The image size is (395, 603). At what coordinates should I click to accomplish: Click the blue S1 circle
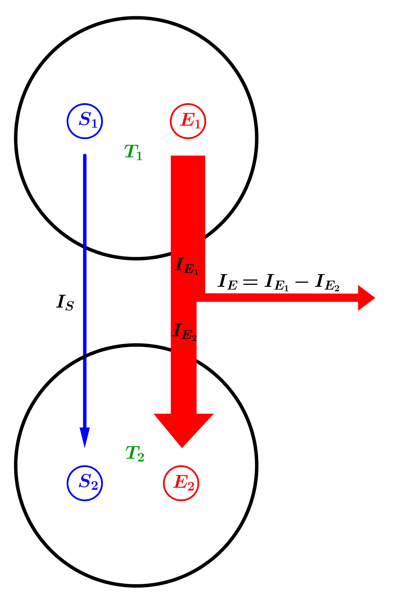click(85, 121)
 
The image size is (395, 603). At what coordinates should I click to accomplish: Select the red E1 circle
click(188, 121)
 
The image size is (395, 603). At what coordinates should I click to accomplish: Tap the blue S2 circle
click(85, 483)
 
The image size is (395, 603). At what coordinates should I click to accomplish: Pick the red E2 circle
click(181, 483)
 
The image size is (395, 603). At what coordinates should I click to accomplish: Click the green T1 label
click(133, 152)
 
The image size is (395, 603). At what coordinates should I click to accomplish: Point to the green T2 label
click(135, 454)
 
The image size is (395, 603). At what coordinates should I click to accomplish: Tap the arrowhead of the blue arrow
click(85, 437)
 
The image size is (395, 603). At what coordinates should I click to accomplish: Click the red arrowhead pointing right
click(366, 298)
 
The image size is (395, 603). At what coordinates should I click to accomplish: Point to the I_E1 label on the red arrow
click(187, 266)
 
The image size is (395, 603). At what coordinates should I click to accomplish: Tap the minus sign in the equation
click(301, 282)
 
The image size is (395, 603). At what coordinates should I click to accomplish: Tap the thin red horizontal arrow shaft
click(276, 298)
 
